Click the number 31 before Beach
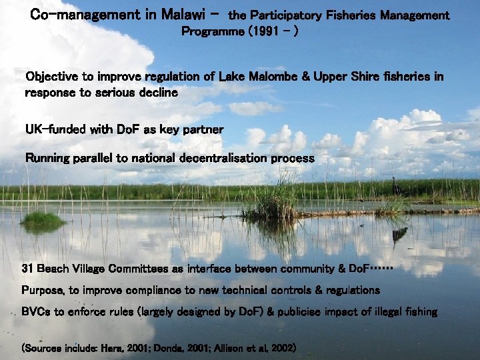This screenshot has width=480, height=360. click(x=28, y=269)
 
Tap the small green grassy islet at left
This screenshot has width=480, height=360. click(x=43, y=219)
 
